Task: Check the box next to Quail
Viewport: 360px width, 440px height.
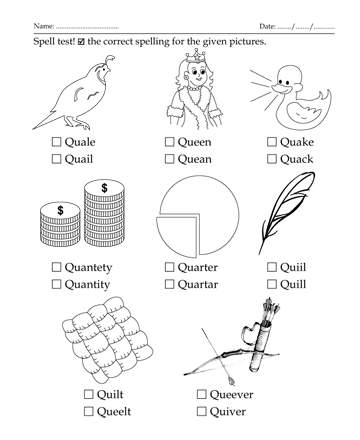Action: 56,159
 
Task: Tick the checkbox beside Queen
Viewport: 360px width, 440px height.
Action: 169,142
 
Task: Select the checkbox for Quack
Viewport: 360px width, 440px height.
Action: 272,159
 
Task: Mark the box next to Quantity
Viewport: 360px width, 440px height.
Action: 56,284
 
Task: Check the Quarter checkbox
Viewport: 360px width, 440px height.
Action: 169,267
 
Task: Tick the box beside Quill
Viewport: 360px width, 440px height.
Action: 272,284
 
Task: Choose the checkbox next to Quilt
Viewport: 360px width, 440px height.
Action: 88,394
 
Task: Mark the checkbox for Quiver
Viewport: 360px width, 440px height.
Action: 201,411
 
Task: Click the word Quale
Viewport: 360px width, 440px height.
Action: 80,142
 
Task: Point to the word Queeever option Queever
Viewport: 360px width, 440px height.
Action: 231,394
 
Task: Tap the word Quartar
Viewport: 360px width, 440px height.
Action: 198,284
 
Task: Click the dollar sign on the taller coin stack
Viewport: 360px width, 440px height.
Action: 104,188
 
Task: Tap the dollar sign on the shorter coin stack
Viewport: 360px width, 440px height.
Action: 60,210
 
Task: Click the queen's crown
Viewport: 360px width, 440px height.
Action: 195,56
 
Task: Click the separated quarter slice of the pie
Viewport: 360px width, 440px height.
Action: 177,236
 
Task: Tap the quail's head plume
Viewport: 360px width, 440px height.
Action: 110,60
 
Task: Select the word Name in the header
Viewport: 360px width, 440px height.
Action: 43,26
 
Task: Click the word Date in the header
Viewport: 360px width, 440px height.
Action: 267,26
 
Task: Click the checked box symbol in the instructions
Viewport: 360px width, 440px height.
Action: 81,42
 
